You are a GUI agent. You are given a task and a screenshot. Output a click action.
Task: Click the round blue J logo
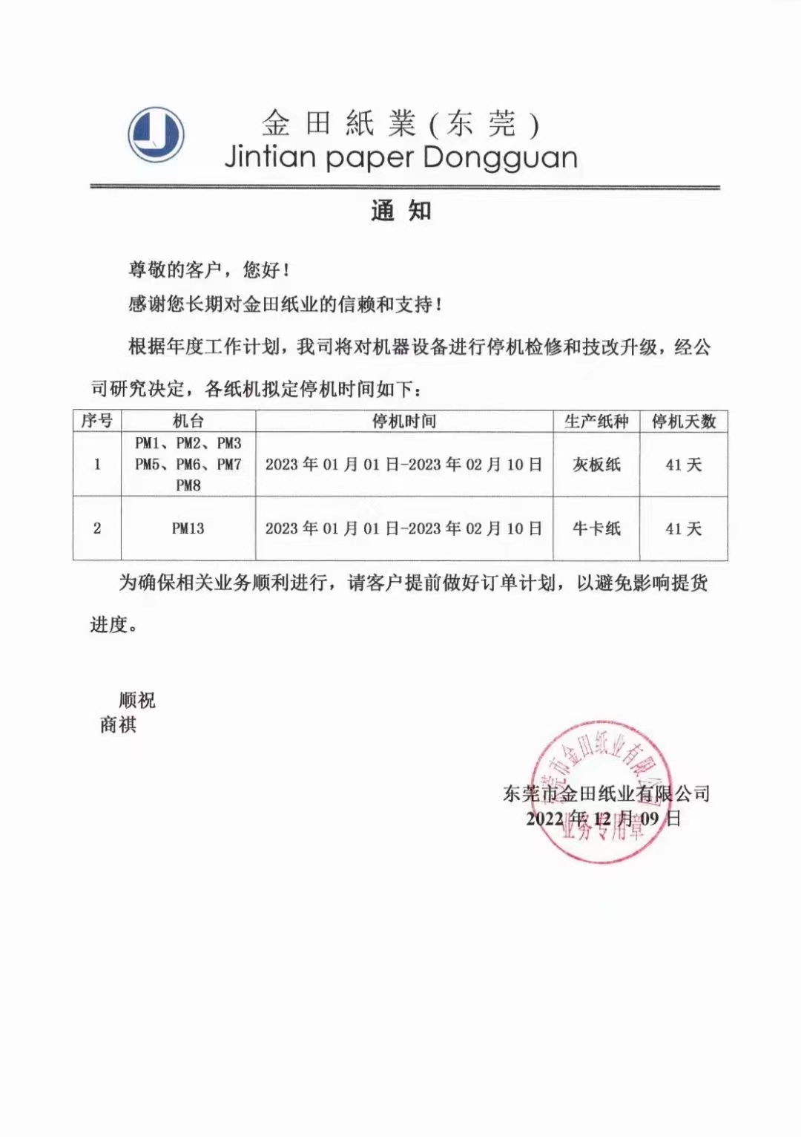click(x=156, y=135)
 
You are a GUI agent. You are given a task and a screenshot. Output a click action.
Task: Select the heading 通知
click(x=400, y=211)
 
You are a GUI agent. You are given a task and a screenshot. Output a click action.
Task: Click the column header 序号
click(x=97, y=422)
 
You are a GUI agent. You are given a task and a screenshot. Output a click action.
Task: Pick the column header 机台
click(x=188, y=422)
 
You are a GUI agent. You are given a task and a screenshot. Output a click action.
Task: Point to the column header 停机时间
click(x=404, y=422)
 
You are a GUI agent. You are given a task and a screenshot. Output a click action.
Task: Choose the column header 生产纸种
click(x=596, y=422)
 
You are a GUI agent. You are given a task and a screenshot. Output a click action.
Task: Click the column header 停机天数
click(x=683, y=422)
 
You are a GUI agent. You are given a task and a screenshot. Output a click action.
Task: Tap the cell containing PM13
click(x=188, y=528)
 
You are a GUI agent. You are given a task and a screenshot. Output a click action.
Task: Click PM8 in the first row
click(x=188, y=485)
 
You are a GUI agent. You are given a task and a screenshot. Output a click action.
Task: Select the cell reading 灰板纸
click(x=596, y=465)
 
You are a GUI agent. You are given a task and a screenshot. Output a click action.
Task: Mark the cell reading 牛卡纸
click(x=596, y=528)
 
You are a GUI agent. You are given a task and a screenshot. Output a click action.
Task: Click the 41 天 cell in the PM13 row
click(x=683, y=528)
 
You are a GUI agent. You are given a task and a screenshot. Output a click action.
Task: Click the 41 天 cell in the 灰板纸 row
click(x=683, y=465)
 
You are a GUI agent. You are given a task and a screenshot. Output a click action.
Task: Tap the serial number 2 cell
click(x=97, y=528)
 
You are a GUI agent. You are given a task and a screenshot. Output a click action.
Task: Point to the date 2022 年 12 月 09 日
click(x=603, y=819)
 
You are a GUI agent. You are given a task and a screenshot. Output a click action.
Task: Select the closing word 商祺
click(x=119, y=725)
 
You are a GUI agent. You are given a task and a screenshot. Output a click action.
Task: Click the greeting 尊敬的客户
click(x=175, y=270)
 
